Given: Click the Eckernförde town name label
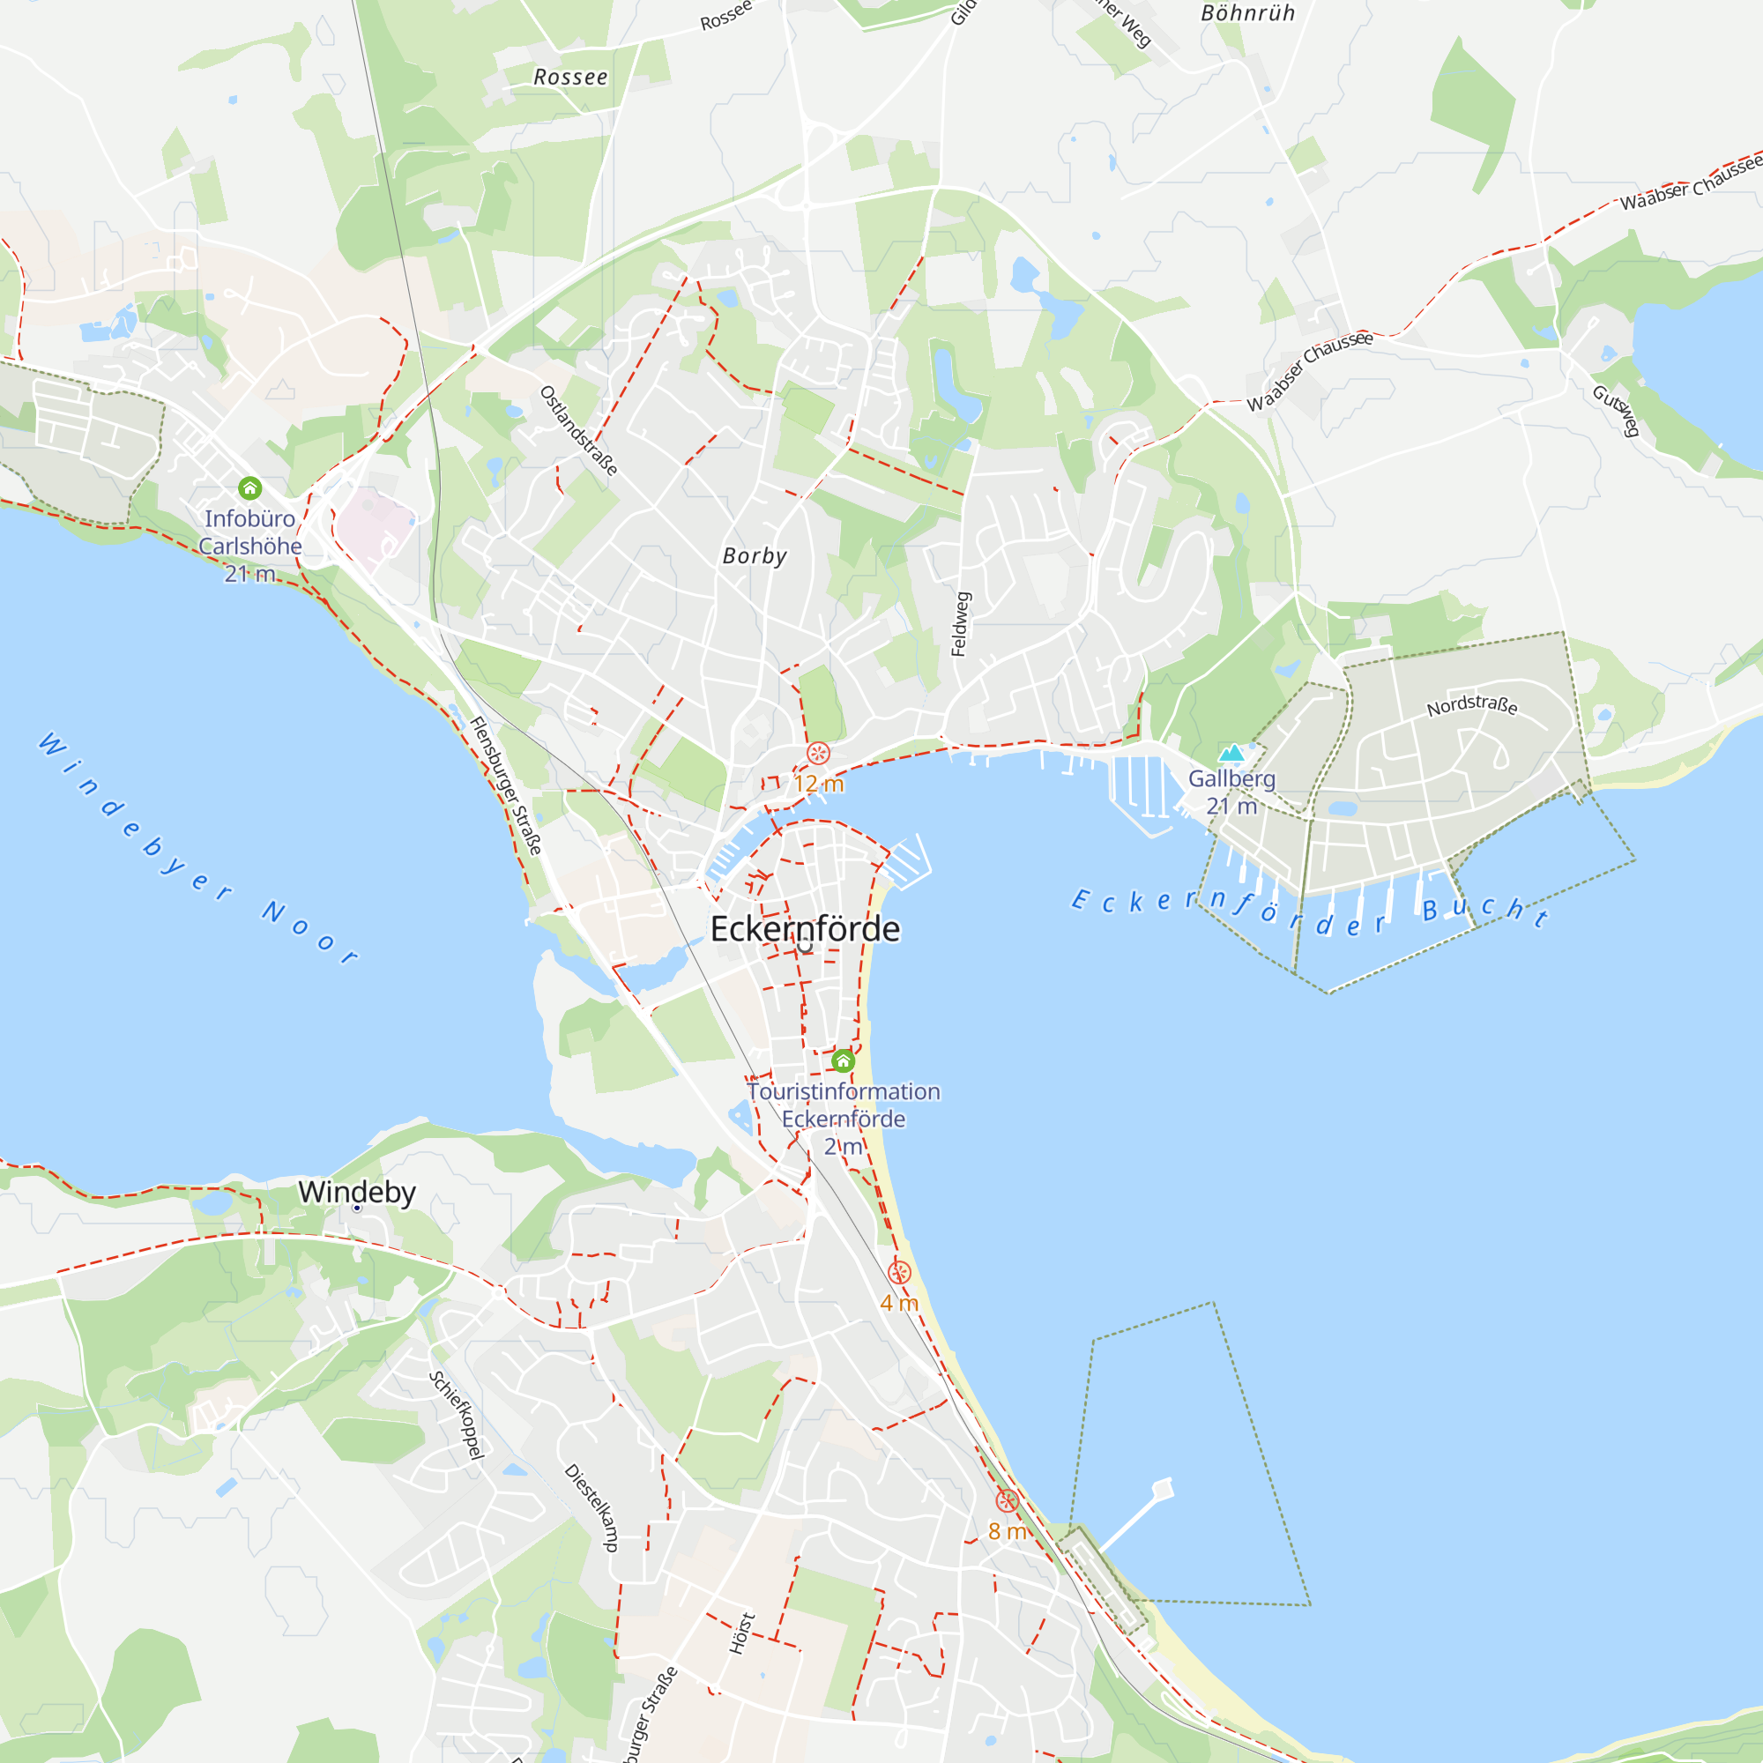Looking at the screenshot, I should click(x=805, y=929).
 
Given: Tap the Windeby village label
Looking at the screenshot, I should click(x=357, y=1192).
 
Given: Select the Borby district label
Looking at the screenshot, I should click(x=754, y=555).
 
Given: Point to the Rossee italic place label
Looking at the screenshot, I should click(x=570, y=78).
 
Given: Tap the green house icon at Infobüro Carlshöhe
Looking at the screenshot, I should click(x=249, y=488).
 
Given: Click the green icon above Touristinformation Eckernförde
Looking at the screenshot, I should click(x=842, y=1060).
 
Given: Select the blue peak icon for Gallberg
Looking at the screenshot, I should click(x=1232, y=753).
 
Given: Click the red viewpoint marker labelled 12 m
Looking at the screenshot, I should click(x=819, y=754).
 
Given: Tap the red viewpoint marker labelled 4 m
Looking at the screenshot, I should click(x=899, y=1272).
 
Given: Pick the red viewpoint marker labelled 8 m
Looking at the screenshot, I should click(x=1007, y=1501).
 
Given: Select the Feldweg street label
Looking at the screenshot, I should click(x=960, y=624).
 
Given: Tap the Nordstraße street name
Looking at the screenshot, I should click(x=1472, y=704).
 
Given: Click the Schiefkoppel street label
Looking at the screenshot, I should click(x=457, y=1416).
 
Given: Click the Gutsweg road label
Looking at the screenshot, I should click(x=1616, y=410).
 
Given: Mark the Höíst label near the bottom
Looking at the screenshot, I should click(x=742, y=1633).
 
